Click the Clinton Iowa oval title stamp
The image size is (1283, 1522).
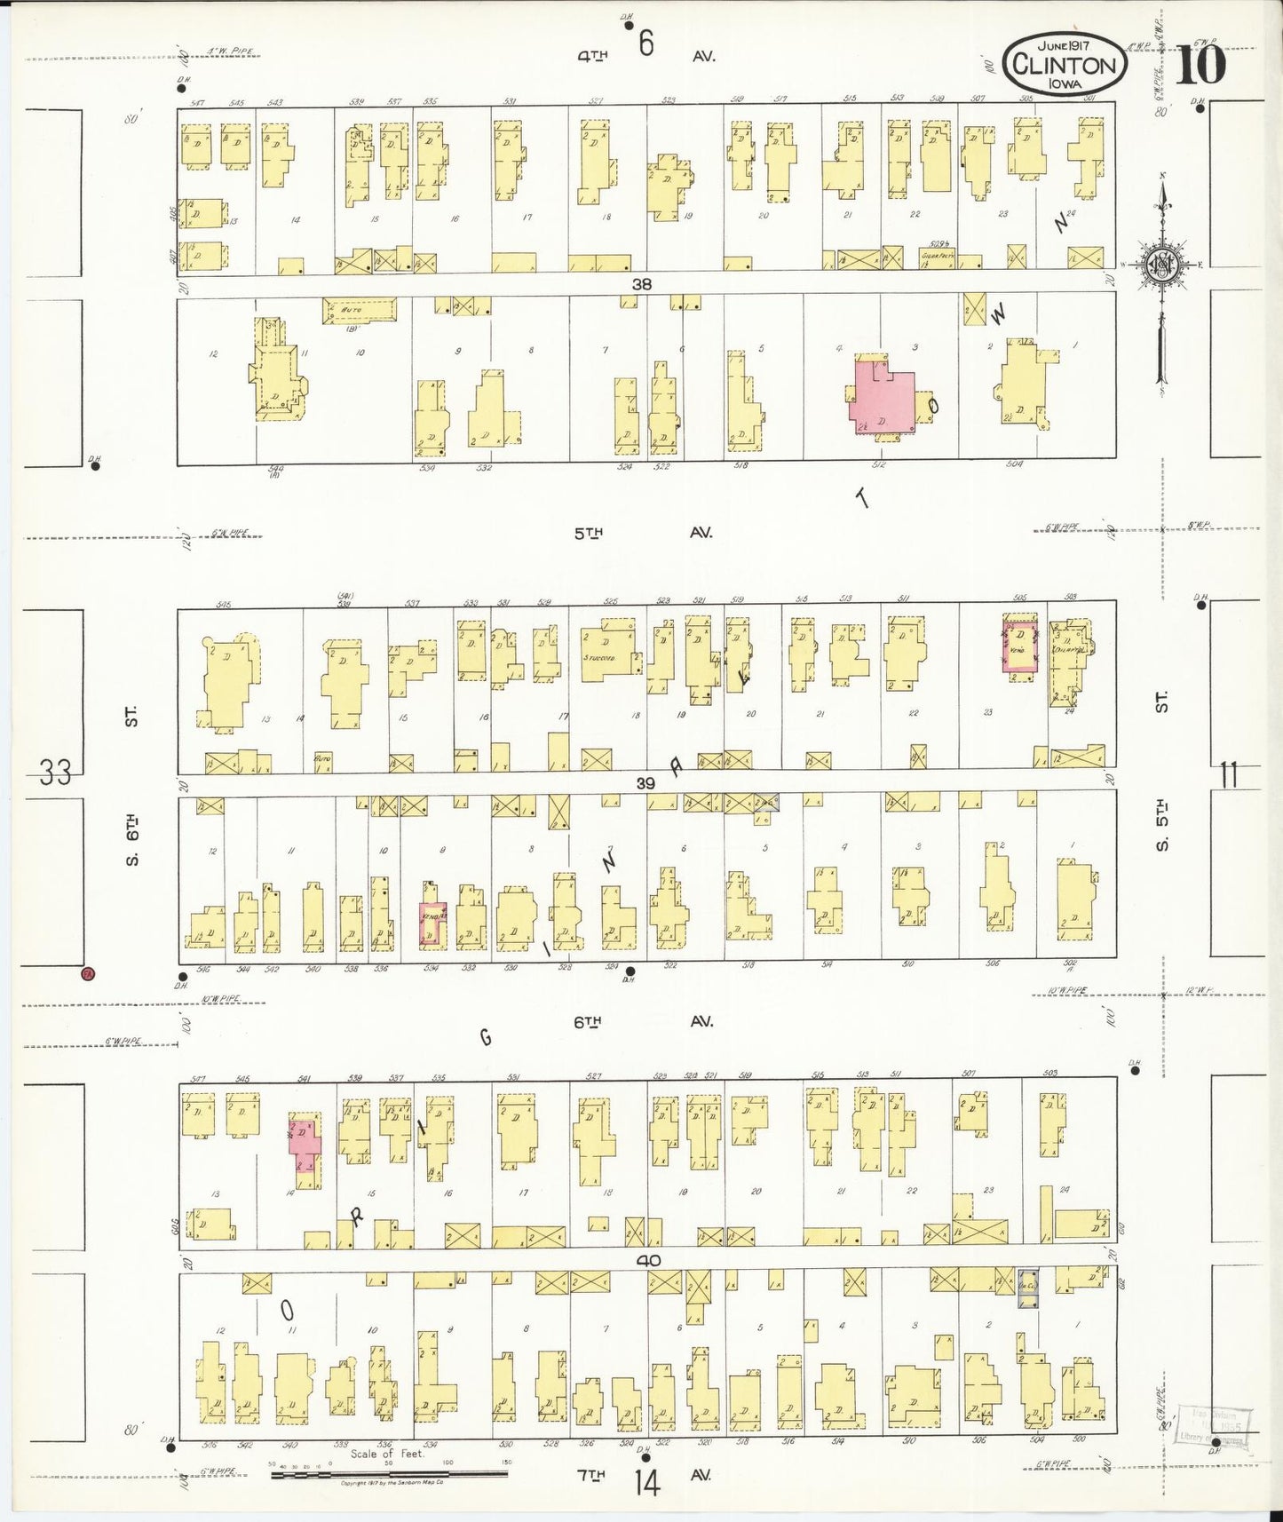tap(1065, 64)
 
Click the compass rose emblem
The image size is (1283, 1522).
tap(1160, 266)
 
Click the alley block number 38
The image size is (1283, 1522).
tap(642, 284)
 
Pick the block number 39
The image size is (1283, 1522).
tap(645, 782)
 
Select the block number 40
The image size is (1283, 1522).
tap(647, 1260)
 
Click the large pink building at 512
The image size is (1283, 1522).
tap(881, 396)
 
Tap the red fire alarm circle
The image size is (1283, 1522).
tap(88, 973)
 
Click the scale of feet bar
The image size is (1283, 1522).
tap(389, 1476)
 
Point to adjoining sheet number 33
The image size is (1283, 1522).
tap(55, 773)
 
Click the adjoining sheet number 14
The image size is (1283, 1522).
tap(647, 1483)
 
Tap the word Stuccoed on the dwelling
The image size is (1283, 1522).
tap(600, 658)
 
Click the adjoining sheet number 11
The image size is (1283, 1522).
tap(1228, 775)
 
